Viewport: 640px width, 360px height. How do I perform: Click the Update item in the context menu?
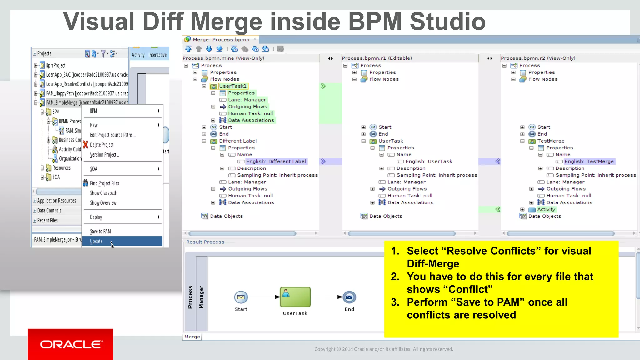[x=96, y=241]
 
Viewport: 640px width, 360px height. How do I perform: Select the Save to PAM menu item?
[x=100, y=231]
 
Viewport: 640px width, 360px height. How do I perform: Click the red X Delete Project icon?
[x=86, y=145]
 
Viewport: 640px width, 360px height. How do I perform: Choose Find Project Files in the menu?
[x=104, y=183]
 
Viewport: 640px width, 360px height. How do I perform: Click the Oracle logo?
[x=71, y=344]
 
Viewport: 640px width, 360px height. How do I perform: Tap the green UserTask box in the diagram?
[x=295, y=297]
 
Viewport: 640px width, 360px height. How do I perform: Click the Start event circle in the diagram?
[x=241, y=297]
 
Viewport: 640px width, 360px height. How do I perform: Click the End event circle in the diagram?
[x=349, y=297]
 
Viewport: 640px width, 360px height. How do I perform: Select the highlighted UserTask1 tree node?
[x=233, y=86]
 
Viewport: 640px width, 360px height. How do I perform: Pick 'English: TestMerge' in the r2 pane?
[x=589, y=162]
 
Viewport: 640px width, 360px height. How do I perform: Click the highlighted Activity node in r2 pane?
[x=546, y=210]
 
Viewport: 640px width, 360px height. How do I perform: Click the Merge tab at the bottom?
[x=192, y=337]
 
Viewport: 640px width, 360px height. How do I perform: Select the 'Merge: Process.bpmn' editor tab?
[x=221, y=40]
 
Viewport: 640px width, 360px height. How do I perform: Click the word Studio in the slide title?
[x=447, y=22]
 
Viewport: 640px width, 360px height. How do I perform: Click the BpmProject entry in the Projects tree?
[x=56, y=65]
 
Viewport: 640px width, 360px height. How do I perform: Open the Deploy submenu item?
[x=96, y=217]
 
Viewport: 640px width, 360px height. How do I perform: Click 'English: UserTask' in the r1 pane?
[x=429, y=162]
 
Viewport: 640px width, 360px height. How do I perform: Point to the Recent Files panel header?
[x=47, y=221]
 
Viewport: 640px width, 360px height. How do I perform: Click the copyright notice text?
[x=383, y=349]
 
